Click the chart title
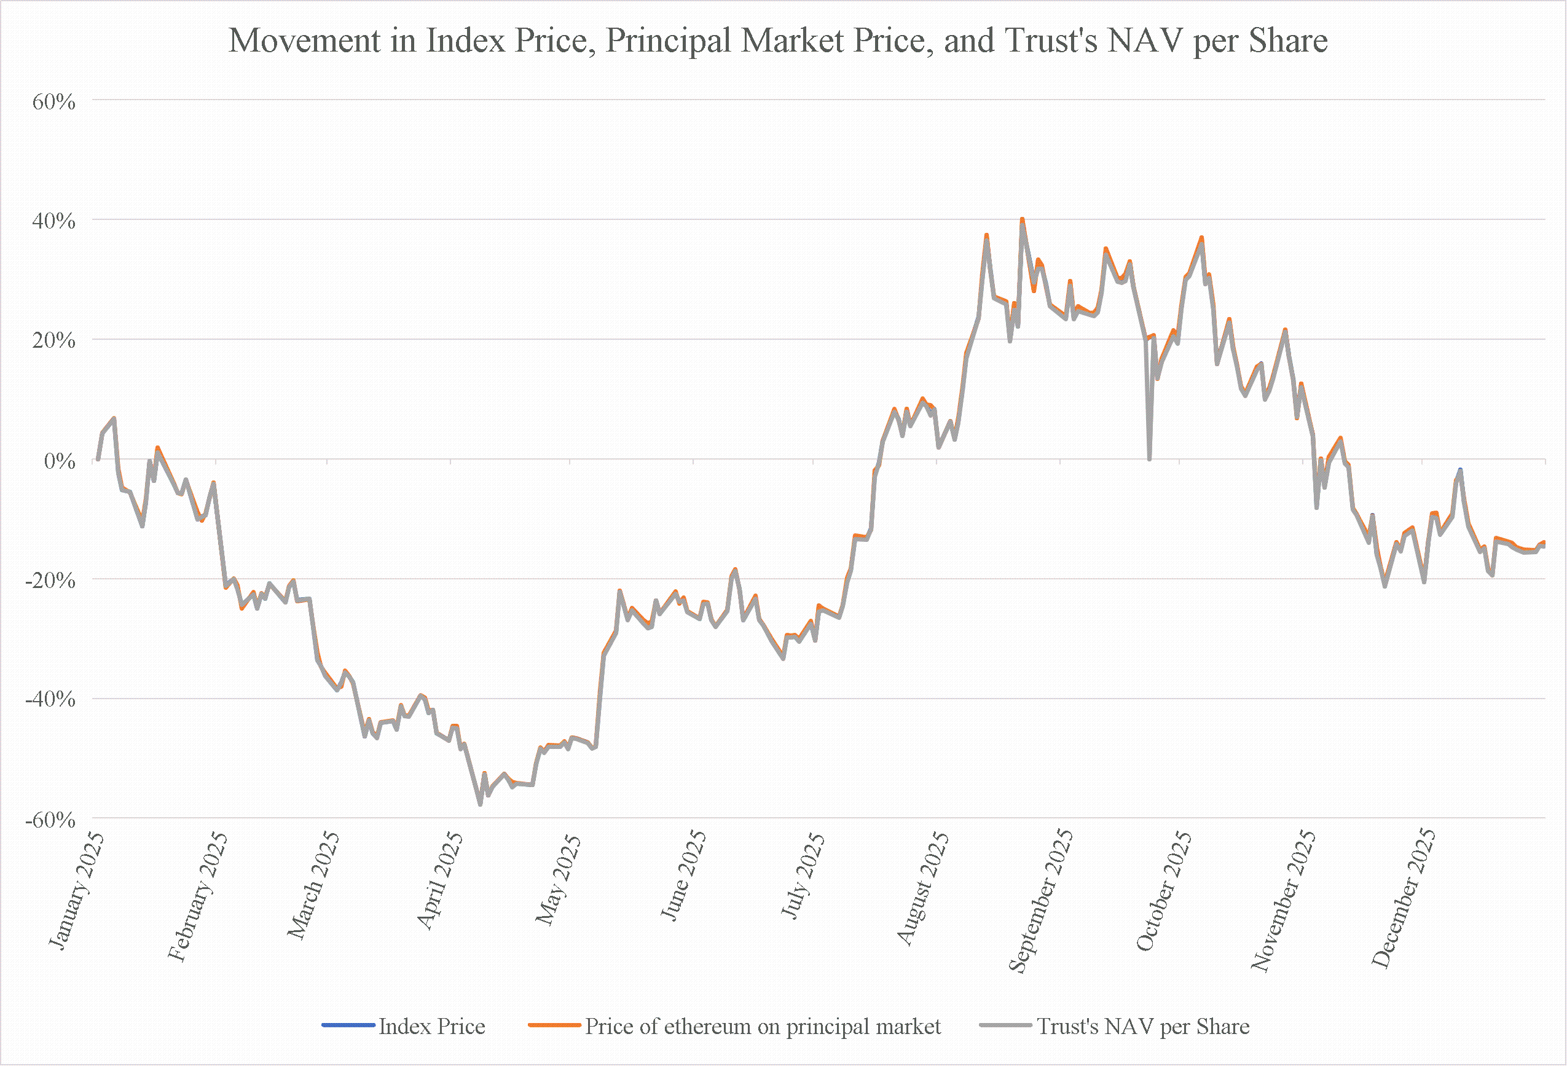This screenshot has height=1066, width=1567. [778, 41]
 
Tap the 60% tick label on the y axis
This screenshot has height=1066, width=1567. [54, 102]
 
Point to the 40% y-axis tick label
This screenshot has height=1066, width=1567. [54, 221]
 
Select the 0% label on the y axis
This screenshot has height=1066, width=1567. [60, 461]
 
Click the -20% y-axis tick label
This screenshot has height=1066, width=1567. [50, 580]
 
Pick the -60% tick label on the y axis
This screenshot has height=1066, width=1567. [50, 820]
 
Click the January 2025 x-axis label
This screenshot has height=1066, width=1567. [76, 891]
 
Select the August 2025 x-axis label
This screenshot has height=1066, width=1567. [922, 887]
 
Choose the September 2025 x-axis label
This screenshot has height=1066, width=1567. [1040, 901]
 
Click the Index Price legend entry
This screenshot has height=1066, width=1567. [404, 1026]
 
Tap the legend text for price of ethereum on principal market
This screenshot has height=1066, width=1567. [763, 1026]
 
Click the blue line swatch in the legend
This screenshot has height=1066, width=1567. [348, 1025]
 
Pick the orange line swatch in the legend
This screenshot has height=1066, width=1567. [555, 1025]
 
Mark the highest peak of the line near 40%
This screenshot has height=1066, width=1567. [1022, 219]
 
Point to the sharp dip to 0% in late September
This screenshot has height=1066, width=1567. [1150, 459]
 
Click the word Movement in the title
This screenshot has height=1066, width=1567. [304, 41]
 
